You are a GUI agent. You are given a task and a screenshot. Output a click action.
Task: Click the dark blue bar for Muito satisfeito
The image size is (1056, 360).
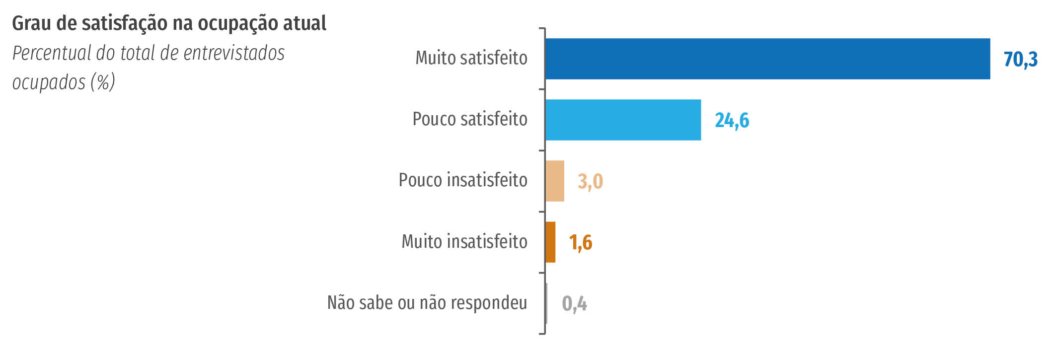767,59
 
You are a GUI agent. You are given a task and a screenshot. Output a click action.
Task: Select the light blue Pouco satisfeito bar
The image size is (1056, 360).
623,120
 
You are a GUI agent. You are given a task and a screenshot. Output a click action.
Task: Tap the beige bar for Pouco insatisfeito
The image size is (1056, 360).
555,181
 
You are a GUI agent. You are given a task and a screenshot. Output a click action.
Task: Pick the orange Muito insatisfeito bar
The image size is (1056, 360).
550,242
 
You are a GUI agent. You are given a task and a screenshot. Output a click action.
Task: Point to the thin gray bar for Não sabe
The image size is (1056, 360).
546,303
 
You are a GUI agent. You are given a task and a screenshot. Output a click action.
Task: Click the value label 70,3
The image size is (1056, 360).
1020,60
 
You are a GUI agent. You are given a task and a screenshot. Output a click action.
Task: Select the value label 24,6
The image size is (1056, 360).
732,121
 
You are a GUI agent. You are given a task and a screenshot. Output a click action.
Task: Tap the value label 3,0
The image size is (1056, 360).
590,182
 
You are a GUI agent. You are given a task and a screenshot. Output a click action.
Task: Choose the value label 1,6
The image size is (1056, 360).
581,243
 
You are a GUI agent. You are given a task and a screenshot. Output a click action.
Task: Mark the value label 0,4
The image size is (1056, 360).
574,304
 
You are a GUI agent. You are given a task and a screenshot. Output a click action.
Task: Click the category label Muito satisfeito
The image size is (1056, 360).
471,58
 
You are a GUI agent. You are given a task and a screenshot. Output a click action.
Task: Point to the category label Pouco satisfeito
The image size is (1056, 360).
470,119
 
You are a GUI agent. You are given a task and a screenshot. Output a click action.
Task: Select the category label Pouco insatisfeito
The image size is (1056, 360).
463,180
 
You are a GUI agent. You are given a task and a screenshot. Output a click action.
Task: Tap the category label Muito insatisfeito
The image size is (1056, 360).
464,242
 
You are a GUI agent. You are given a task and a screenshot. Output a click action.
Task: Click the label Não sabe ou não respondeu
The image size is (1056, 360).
427,302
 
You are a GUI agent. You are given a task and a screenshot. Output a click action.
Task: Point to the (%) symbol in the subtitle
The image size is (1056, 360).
103,82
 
